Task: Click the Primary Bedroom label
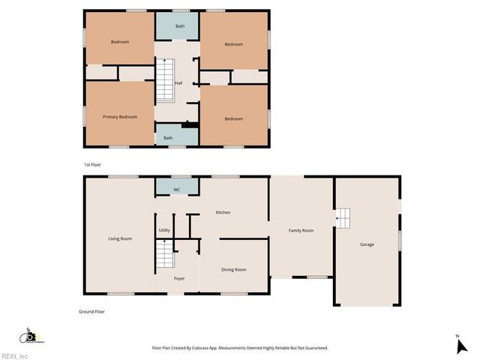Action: (x=120, y=117)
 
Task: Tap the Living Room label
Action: (x=120, y=238)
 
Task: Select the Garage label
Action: (x=367, y=244)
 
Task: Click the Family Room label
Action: (x=301, y=230)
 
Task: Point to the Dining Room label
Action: (x=233, y=269)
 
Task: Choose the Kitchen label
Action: (x=223, y=212)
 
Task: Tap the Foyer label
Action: (x=179, y=278)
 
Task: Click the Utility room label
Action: (x=164, y=230)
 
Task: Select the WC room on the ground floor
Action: (x=177, y=189)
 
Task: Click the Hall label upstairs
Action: (x=178, y=83)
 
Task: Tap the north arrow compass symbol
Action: (x=460, y=344)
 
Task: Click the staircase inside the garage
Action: (x=343, y=218)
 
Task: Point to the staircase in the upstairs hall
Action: (x=165, y=80)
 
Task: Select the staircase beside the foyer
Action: (x=165, y=255)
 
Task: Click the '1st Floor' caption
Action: (x=91, y=164)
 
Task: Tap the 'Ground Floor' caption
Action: (x=91, y=311)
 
